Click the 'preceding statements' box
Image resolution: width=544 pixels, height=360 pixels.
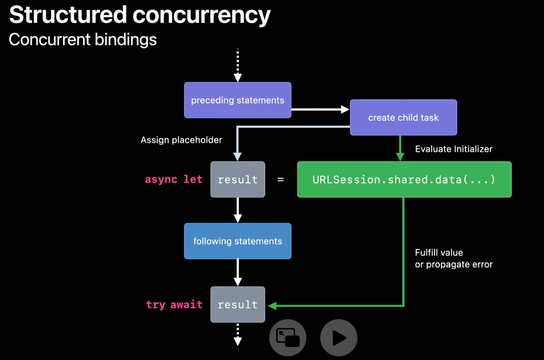[238, 100]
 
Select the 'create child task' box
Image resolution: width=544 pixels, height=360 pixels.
[403, 117]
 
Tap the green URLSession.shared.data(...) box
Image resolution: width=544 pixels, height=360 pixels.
[404, 180]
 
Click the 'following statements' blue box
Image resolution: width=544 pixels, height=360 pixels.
[238, 241]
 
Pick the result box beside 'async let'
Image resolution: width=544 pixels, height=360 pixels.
[238, 180]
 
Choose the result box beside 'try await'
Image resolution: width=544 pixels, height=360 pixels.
[238, 304]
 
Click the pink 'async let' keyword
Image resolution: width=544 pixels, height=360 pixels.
[174, 180]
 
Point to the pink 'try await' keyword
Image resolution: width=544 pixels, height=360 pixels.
[174, 305]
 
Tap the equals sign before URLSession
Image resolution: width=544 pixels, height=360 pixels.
[280, 180]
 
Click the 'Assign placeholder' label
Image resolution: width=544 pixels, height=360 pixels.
[181, 140]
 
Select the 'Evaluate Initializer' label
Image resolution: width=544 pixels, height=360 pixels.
[453, 149]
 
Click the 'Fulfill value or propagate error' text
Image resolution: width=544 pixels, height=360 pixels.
[453, 259]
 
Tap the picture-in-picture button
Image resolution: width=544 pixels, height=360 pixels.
[288, 337]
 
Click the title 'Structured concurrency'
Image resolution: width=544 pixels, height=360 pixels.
[140, 15]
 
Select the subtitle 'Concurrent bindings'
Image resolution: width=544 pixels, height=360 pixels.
[83, 40]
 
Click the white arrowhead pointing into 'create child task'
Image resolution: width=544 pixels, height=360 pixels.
[345, 109]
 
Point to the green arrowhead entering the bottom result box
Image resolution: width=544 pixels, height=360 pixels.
[272, 306]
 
